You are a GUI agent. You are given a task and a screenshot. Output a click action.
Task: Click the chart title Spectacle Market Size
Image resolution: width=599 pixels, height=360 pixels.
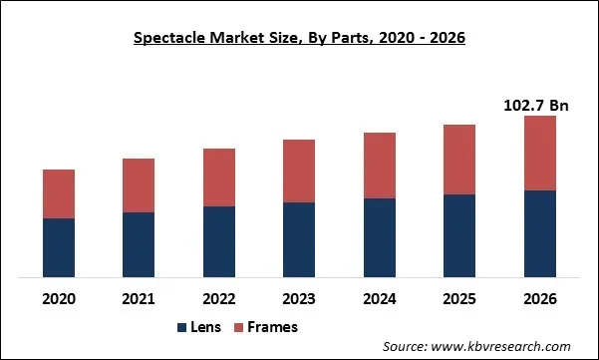[x=299, y=39]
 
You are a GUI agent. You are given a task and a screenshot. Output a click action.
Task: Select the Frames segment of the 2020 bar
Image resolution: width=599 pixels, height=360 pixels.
[x=59, y=193]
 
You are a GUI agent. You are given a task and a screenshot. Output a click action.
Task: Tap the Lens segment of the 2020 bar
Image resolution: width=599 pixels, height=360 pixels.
[x=59, y=247]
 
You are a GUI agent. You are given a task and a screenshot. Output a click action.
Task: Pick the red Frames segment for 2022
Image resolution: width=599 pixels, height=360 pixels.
[x=219, y=178]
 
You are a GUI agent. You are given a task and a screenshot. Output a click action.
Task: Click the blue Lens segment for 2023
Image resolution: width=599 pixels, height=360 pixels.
[x=299, y=239]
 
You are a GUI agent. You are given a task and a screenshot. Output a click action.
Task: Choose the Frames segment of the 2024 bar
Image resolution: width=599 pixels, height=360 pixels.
[x=380, y=165]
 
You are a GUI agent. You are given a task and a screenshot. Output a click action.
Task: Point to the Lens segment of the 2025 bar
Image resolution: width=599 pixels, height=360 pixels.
[x=459, y=235]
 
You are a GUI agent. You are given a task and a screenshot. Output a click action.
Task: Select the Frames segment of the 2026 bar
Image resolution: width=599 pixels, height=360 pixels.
[x=539, y=153]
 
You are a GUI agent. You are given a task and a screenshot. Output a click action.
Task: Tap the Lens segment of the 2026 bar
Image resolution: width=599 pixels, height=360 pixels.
[x=539, y=233]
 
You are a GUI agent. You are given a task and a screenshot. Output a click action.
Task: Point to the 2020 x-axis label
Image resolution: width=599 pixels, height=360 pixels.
[x=59, y=299]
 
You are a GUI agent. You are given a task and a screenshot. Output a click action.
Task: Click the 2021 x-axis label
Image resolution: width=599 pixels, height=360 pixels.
[x=139, y=299]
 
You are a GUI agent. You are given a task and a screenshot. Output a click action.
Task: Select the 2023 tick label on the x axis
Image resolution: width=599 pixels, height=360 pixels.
[x=299, y=299]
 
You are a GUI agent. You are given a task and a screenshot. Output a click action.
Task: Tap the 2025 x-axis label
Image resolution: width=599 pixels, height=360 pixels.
[x=459, y=299]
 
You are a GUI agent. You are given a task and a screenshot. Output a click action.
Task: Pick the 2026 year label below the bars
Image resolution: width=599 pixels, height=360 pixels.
[x=539, y=299]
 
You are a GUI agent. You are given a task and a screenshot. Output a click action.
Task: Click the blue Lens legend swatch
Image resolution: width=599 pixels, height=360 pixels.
[x=182, y=327]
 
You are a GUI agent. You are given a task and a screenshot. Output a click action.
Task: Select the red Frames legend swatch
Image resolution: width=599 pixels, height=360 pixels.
[x=239, y=327]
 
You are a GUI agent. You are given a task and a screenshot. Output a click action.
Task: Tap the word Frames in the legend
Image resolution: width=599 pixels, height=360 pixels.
[x=273, y=327]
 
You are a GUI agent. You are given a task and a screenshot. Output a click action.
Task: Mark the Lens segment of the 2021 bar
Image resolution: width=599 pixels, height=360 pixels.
[x=139, y=244]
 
